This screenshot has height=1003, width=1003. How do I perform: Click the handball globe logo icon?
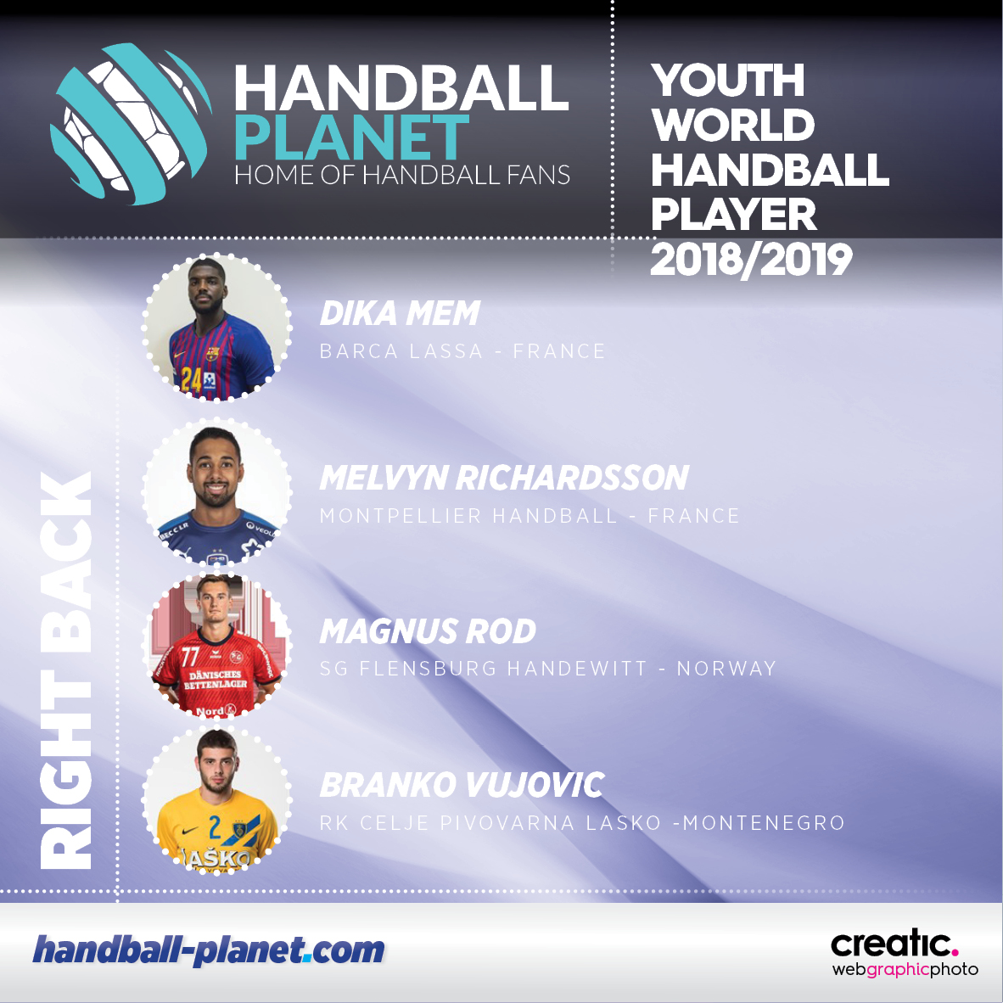[131, 123]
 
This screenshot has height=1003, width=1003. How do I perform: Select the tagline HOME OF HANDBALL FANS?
[401, 175]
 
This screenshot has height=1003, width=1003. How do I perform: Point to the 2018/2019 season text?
[751, 260]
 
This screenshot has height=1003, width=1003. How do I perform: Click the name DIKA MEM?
[400, 313]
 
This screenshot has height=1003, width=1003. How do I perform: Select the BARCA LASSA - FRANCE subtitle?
[462, 351]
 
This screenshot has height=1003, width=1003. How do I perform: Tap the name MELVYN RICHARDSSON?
[504, 478]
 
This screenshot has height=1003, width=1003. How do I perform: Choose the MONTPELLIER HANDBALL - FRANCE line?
[530, 516]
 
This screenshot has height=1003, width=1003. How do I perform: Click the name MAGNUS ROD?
[428, 631]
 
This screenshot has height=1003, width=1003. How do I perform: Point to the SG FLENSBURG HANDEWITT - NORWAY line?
[547, 669]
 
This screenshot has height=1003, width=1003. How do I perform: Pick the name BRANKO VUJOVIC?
[462, 785]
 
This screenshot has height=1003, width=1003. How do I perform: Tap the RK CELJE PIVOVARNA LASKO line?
[582, 822]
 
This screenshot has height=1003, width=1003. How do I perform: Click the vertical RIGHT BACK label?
[66, 670]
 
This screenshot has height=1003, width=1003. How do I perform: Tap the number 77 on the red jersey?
[190, 656]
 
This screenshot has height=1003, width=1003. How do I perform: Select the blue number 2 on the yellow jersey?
[215, 827]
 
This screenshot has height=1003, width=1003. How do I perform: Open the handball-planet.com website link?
[209, 950]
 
